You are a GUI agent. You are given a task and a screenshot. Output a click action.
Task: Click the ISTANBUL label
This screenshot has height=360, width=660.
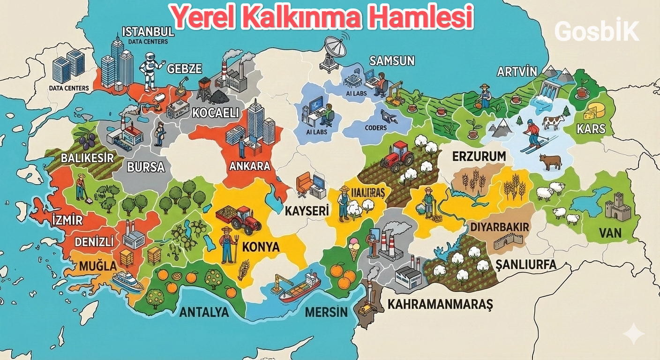click(x=148, y=32)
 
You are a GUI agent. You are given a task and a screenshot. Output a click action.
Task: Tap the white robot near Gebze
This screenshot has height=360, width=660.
click(x=150, y=70)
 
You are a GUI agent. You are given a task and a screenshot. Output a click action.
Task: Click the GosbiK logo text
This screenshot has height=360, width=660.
click(x=596, y=32)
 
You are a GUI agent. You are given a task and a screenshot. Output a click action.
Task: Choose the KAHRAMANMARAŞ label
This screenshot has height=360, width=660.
click(x=440, y=304)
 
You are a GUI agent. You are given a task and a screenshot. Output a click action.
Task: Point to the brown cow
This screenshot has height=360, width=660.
click(x=550, y=162)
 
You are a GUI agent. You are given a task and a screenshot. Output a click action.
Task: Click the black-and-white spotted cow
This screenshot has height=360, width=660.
click(x=553, y=123)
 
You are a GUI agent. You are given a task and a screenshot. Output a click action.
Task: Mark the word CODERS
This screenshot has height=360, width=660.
click(x=375, y=127)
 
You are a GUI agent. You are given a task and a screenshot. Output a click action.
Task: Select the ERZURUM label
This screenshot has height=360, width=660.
click(x=479, y=157)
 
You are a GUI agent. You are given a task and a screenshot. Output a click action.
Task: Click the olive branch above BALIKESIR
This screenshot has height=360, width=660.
click(x=84, y=136)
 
